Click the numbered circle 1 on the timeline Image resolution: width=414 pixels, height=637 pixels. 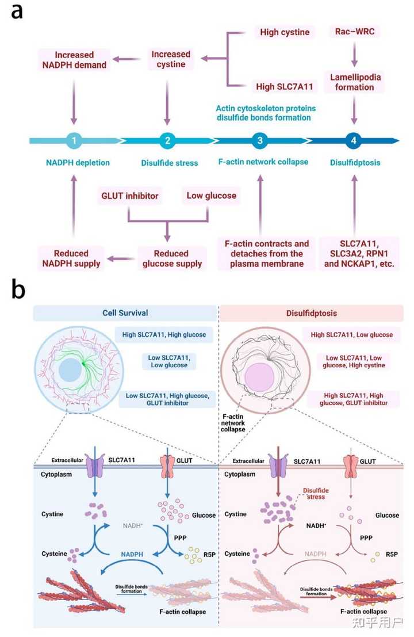(x=73, y=140)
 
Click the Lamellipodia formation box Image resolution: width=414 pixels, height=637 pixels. (x=354, y=82)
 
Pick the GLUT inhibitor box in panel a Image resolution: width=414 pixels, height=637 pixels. (x=131, y=196)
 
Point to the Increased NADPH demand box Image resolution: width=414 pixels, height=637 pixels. (x=73, y=60)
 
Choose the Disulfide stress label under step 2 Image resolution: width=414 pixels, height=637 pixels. (x=169, y=163)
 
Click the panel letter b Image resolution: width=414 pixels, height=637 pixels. (x=18, y=290)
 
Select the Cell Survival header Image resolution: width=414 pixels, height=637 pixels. (x=125, y=313)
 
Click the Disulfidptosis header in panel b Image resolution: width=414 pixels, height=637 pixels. (x=312, y=313)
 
